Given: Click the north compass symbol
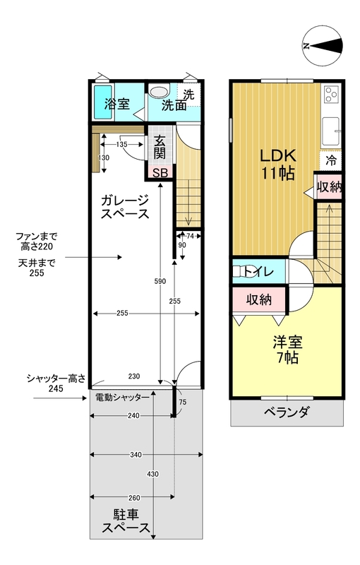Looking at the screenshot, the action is [322, 46].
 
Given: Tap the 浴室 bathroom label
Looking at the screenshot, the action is [117, 105].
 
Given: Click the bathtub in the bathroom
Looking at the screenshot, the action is [103, 102].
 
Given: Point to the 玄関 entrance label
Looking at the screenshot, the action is [160, 147].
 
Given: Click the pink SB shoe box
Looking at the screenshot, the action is [160, 173].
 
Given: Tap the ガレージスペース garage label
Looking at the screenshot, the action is [124, 207].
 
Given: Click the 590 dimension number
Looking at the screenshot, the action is [160, 281].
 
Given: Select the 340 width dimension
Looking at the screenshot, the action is [136, 455].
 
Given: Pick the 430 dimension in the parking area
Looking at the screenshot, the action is [153, 474].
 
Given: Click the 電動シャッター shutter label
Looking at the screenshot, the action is [122, 398].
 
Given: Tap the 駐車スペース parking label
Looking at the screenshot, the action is [126, 521].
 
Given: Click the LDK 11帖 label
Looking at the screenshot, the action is [278, 165].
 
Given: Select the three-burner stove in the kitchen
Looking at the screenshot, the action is [331, 95].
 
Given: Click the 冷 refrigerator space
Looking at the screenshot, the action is [331, 160].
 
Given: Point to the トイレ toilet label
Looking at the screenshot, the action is [259, 271].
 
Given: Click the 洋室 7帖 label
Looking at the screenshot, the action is [287, 350].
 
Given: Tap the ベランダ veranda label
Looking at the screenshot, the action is [287, 412].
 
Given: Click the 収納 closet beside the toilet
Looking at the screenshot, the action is [259, 299].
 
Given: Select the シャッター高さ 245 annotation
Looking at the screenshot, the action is [56, 383].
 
